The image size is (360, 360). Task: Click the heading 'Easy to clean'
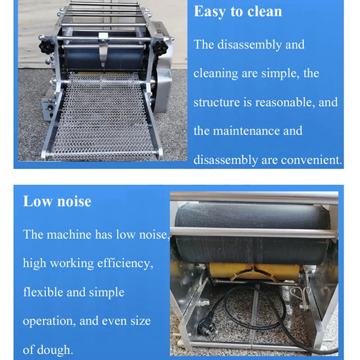click(x=238, y=12)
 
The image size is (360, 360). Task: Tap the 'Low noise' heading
click(x=57, y=201)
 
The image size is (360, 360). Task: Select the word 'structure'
click(x=216, y=103)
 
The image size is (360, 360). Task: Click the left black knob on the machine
click(x=45, y=46)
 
